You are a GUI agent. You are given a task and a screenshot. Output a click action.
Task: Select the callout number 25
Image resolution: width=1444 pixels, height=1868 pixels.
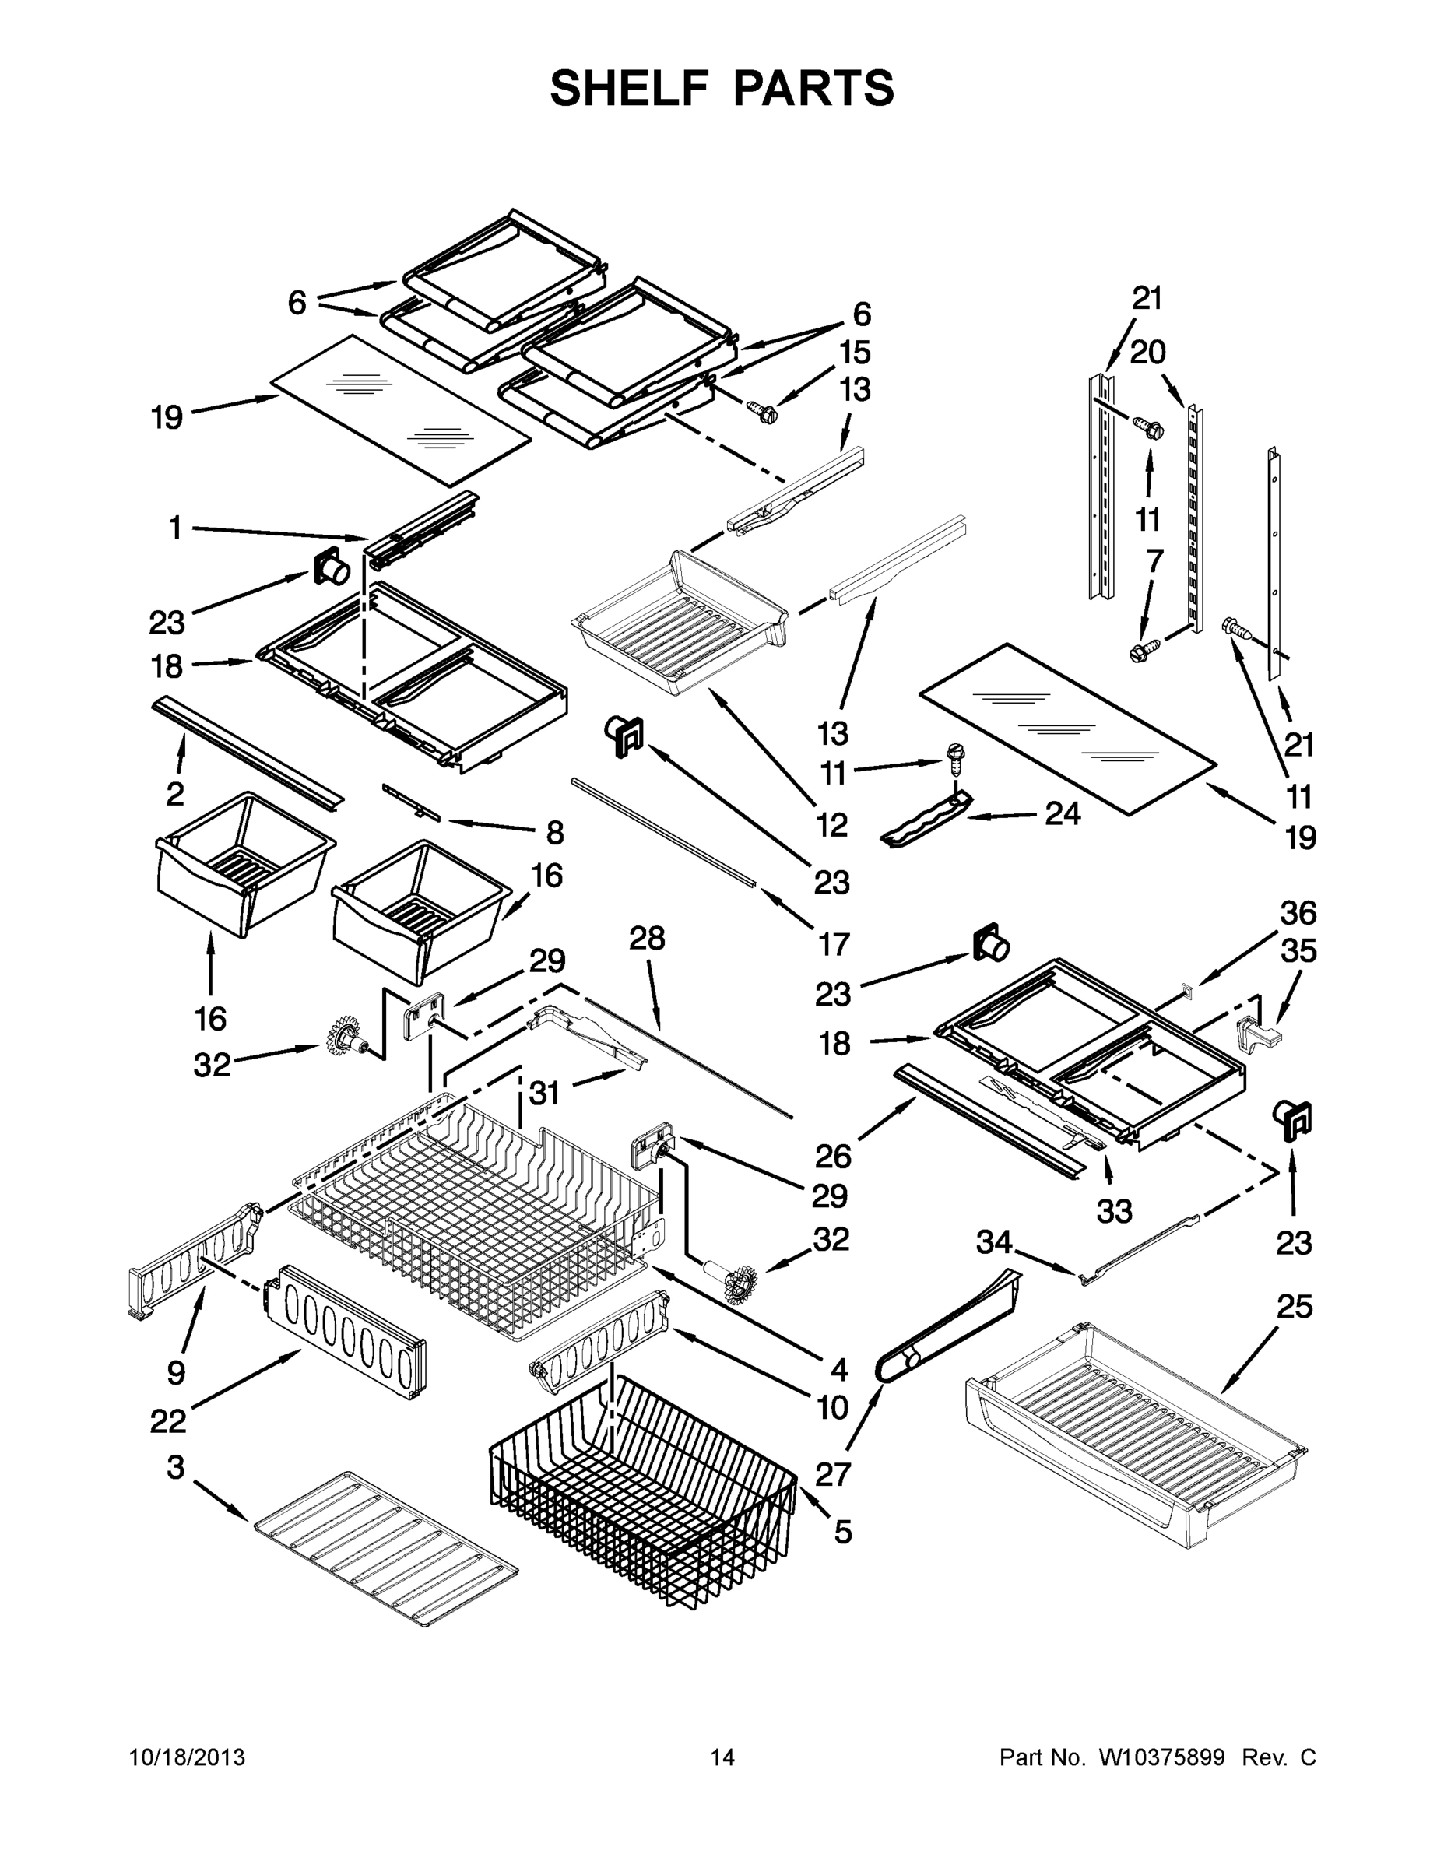(x=1295, y=1307)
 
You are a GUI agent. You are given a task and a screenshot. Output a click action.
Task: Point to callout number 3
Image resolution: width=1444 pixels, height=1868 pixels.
(x=175, y=1468)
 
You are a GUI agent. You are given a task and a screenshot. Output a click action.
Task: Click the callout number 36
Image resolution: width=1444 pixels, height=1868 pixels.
(x=1298, y=914)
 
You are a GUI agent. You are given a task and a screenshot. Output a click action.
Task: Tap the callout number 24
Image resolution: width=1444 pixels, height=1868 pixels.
(x=1063, y=813)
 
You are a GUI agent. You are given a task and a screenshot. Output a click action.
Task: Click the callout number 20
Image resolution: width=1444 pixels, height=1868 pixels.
(x=1147, y=352)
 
